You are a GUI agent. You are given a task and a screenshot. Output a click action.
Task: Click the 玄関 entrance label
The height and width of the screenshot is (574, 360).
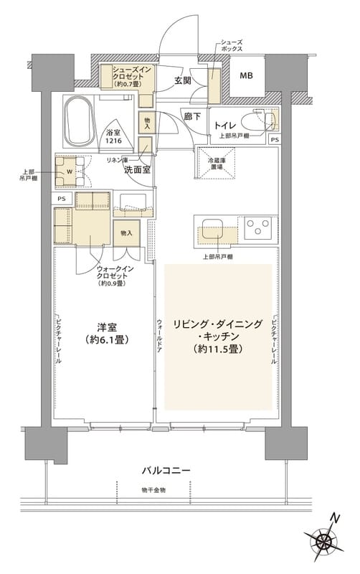[181, 81]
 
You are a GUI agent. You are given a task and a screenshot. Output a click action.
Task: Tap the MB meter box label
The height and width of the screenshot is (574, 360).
[246, 75]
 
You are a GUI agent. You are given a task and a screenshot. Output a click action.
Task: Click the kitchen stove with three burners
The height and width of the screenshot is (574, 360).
[257, 229]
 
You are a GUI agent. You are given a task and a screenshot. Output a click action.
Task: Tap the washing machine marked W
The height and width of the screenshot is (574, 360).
[70, 171]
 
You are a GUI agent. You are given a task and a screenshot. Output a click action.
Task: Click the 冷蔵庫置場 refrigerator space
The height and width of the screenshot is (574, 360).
[214, 163]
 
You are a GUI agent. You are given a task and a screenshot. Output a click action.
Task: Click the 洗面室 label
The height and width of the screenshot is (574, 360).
[136, 170]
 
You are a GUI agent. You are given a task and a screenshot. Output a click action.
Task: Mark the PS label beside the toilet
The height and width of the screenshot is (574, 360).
[274, 139]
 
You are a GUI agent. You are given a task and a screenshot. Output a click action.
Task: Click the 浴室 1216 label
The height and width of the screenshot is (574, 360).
[113, 137]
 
